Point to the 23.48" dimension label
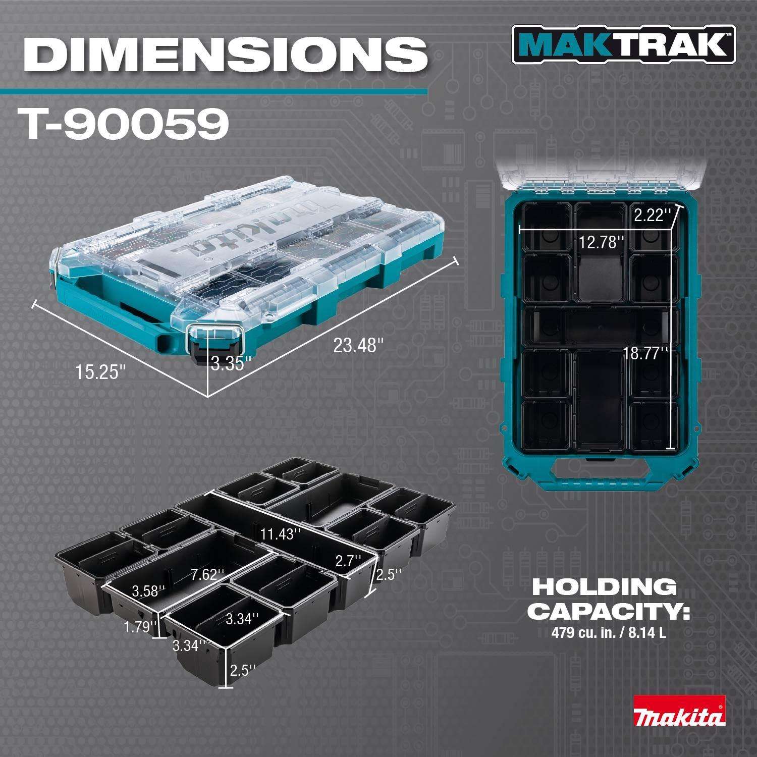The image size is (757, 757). pyautogui.click(x=359, y=346)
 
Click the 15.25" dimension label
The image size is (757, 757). pyautogui.click(x=100, y=372)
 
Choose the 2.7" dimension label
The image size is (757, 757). pyautogui.click(x=348, y=560)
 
